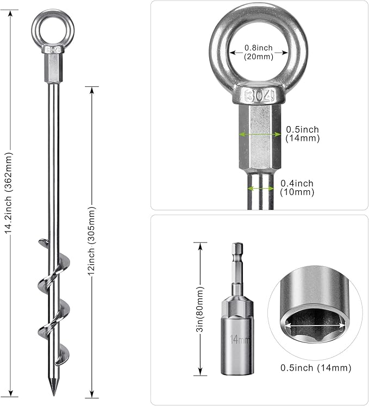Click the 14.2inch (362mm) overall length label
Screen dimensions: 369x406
coord(9,196)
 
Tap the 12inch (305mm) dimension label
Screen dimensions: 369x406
coord(92,241)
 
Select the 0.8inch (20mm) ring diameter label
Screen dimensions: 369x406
coord(259,52)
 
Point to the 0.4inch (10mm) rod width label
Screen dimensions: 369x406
coord(297,188)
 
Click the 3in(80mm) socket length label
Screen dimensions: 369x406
coord(201,309)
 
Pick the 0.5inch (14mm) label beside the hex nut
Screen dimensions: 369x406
coord(303,134)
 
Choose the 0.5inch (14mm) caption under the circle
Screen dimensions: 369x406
coord(316,367)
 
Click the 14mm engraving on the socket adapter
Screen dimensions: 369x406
coord(240,339)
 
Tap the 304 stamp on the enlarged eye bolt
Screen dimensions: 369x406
coord(259,96)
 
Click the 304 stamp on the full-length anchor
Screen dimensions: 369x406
coord(53,49)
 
